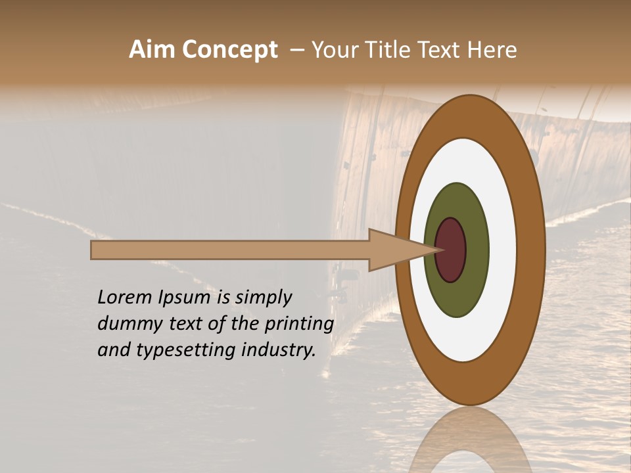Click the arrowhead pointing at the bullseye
pyautogui.click(x=394, y=250)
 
